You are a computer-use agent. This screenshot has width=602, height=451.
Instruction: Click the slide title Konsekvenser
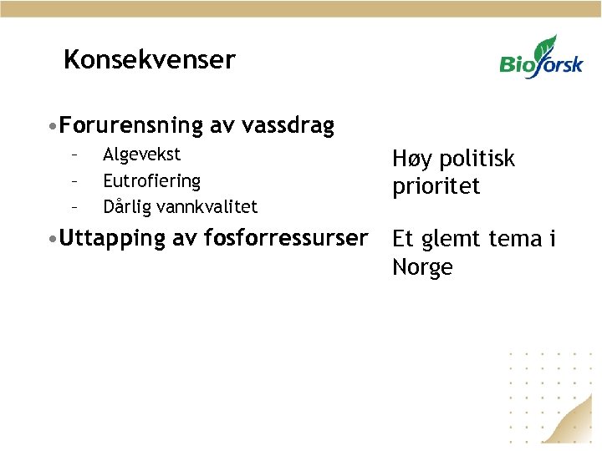(150, 60)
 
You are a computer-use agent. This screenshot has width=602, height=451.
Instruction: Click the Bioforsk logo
(541, 58)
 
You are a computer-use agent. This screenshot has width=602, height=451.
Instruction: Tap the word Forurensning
(131, 126)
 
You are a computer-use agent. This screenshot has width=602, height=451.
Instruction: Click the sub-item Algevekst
(141, 155)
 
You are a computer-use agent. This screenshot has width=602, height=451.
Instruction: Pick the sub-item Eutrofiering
(151, 180)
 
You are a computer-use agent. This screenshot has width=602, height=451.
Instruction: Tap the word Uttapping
(113, 238)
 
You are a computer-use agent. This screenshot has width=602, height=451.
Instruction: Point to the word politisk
(477, 159)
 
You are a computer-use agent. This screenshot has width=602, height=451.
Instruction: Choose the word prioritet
(436, 186)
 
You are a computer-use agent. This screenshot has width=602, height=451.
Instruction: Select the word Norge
(422, 267)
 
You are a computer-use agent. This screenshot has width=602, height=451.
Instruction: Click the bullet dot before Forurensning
(53, 127)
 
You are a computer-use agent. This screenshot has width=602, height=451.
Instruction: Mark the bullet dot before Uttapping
(53, 239)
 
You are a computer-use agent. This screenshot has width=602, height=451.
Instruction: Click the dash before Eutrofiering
(74, 180)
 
